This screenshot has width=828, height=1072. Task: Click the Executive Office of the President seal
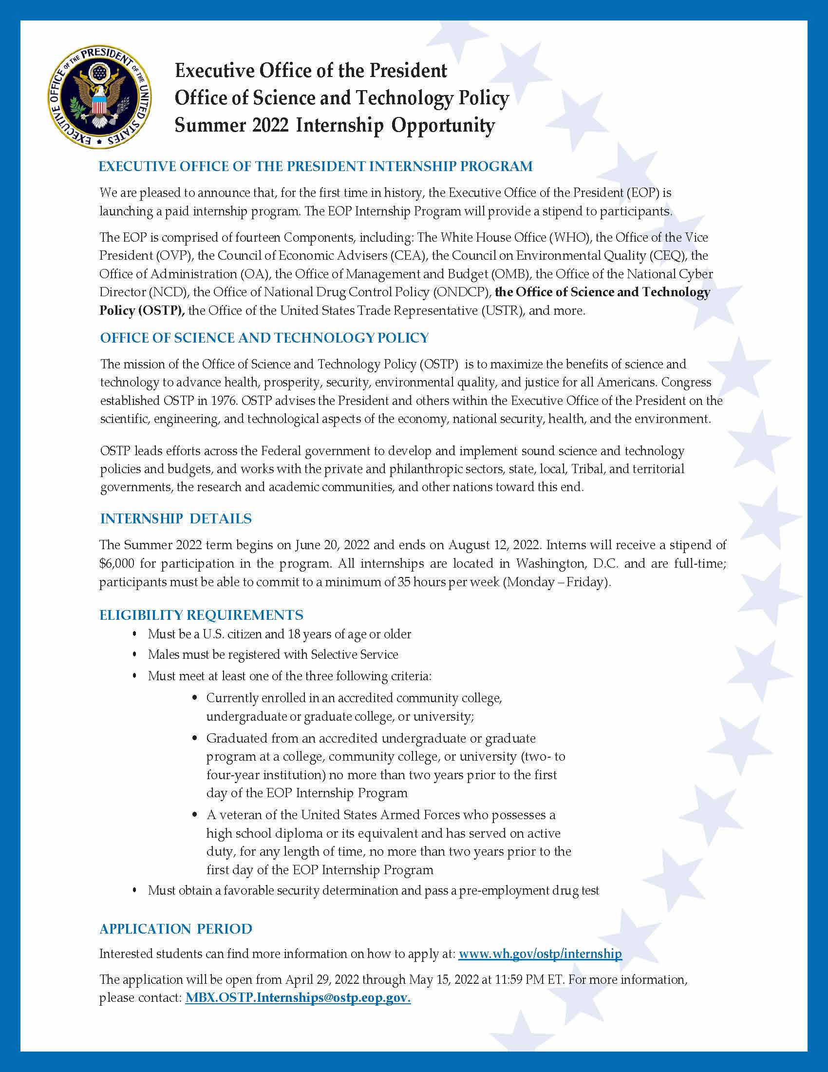[100, 96]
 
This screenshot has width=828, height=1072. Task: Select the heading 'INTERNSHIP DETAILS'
[176, 519]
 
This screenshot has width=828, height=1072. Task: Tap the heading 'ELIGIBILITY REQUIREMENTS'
[201, 615]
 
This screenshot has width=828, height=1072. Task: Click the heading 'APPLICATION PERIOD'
[176, 929]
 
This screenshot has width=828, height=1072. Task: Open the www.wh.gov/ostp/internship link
[540, 954]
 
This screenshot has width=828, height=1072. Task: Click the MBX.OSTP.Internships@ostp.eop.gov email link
[298, 998]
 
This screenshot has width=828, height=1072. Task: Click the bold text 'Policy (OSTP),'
[142, 311]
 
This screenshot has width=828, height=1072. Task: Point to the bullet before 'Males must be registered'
[135, 655]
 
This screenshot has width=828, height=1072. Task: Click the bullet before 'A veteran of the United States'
[195, 815]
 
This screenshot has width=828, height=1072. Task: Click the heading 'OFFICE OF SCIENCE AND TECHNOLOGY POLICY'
[264, 338]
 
